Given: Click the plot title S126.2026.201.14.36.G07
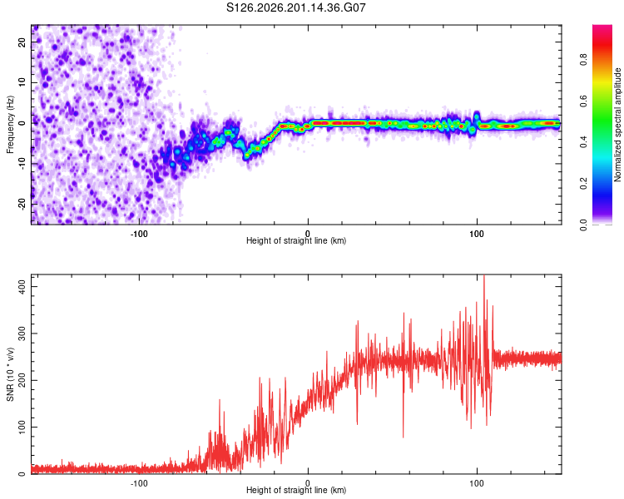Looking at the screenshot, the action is point(295,7).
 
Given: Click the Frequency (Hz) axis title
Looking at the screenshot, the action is point(10,125).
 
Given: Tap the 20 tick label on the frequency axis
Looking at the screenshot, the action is point(22,42).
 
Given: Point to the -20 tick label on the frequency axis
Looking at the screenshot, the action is point(22,205).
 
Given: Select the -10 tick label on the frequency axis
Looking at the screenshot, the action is point(22,164).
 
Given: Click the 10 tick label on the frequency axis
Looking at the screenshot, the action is point(22,83).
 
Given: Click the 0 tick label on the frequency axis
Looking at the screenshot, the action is point(22,123).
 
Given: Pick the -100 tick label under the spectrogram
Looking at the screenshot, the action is point(139,234).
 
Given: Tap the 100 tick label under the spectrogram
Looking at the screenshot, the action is point(477,234).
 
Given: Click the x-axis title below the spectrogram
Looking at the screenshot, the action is point(296,240).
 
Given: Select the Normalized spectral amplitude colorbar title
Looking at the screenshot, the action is point(617,125).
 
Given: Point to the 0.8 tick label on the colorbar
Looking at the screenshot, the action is point(584,60).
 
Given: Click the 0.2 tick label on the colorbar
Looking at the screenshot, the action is point(584,184).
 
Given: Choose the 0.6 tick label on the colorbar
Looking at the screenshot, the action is point(584,101).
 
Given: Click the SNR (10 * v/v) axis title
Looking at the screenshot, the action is point(10,374).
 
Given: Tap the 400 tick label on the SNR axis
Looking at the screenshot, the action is point(22,286).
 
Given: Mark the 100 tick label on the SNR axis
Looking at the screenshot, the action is point(22,427).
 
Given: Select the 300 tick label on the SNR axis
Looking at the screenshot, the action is point(22,333).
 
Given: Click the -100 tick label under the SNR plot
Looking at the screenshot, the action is point(139,483).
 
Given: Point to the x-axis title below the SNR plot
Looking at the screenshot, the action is point(296,490).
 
